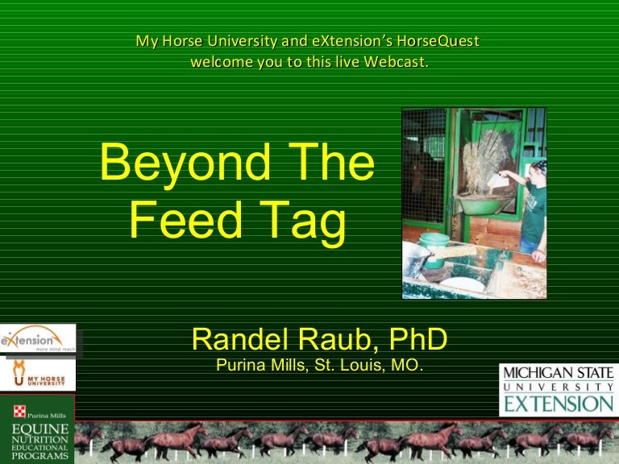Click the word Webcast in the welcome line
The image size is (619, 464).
[x=395, y=61]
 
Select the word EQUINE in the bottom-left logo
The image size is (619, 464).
[x=39, y=427]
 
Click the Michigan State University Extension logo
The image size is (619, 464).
[x=556, y=389]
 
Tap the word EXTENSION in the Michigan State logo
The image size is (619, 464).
[x=556, y=404]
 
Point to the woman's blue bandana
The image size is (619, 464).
[x=539, y=168]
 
